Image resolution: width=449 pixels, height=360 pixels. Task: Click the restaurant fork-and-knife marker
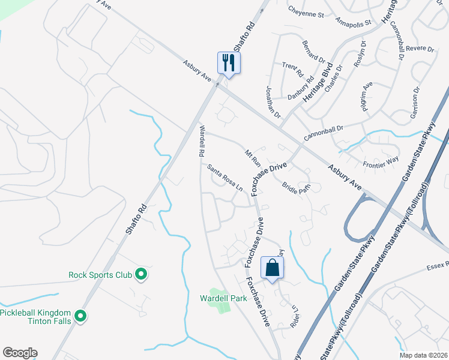(229, 62)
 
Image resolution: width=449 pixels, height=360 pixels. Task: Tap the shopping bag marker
(272, 268)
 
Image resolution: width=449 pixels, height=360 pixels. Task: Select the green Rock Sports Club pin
(141, 275)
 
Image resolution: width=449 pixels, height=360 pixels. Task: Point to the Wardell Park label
(223, 298)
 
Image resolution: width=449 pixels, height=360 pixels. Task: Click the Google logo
(20, 353)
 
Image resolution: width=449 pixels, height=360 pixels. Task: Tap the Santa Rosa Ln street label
(226, 178)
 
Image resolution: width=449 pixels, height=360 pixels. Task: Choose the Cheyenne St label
(306, 11)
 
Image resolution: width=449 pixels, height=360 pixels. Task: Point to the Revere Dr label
(420, 49)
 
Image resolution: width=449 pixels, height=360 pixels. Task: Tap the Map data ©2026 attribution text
(424, 355)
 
